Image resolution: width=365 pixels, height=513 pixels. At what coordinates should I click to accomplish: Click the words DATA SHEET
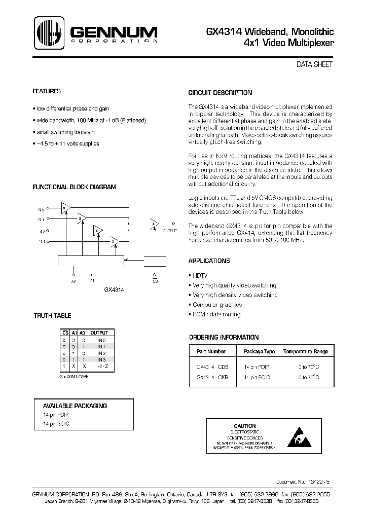(x=314, y=65)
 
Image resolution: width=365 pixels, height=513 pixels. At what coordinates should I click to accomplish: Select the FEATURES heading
(x=47, y=91)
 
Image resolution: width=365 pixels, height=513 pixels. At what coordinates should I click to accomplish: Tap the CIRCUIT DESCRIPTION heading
(x=220, y=93)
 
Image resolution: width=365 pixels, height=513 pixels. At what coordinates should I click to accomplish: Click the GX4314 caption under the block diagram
(x=114, y=290)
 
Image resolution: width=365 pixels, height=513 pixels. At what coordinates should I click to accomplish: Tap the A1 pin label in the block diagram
(x=91, y=280)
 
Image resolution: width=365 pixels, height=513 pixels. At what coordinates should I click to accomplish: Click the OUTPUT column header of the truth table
(x=100, y=333)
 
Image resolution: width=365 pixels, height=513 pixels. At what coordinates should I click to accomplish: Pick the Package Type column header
(x=259, y=351)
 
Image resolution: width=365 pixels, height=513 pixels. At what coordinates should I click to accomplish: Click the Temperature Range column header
(x=305, y=351)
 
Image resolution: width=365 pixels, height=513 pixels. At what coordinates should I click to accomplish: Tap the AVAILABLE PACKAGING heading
(x=75, y=406)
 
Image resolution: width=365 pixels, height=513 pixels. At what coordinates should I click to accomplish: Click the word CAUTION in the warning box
(x=245, y=425)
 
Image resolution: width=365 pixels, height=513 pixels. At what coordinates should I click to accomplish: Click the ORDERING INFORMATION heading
(x=224, y=337)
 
